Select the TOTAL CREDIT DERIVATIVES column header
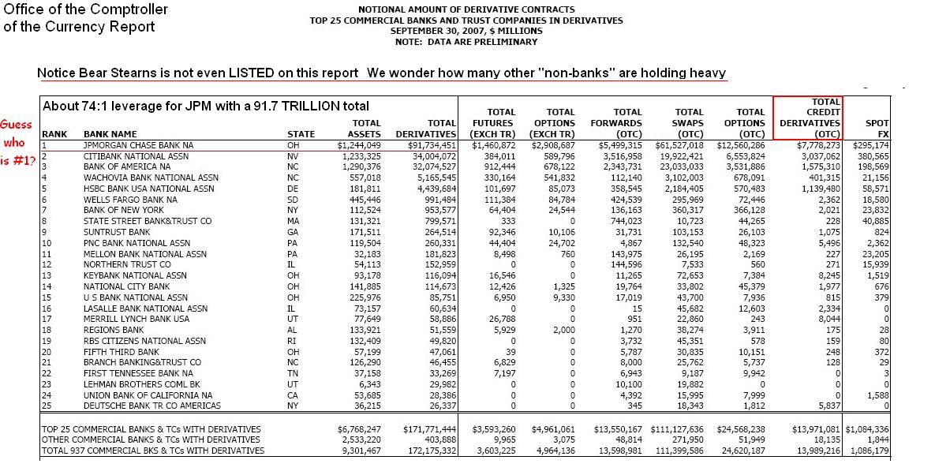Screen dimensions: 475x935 coord(808,118)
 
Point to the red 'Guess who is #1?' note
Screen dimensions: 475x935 coord(19,145)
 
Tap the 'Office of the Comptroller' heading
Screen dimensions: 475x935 coord(86,9)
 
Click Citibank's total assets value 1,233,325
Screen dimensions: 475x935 coord(359,156)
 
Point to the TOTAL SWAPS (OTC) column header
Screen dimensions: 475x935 coord(688,123)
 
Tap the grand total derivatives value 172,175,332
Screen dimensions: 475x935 coord(429,451)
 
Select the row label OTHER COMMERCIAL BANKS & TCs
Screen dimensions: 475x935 coord(150,439)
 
